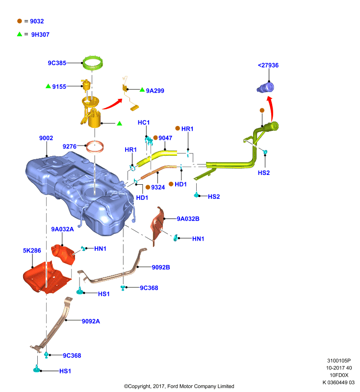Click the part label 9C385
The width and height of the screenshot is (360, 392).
[57, 63]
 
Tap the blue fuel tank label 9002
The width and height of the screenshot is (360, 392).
[46, 138]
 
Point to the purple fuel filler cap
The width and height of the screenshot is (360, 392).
[265, 88]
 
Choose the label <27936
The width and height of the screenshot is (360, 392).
[268, 65]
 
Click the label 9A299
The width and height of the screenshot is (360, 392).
[155, 91]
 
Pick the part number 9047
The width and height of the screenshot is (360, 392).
[165, 138]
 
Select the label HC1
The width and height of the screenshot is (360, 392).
[144, 122]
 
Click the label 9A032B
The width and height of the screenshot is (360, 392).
[188, 219]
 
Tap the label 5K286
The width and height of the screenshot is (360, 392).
[32, 250]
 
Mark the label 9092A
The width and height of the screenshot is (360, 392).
[91, 321]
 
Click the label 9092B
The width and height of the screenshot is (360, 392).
[161, 267]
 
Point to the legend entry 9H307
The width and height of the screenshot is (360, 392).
[40, 34]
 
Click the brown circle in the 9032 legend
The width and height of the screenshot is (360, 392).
[20, 21]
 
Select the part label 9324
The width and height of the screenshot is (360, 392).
[158, 187]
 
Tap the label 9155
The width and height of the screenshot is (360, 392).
[59, 87]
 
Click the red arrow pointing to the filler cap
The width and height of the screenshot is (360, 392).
[271, 108]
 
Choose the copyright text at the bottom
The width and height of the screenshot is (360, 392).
[179, 386]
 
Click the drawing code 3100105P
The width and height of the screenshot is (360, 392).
[339, 361]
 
